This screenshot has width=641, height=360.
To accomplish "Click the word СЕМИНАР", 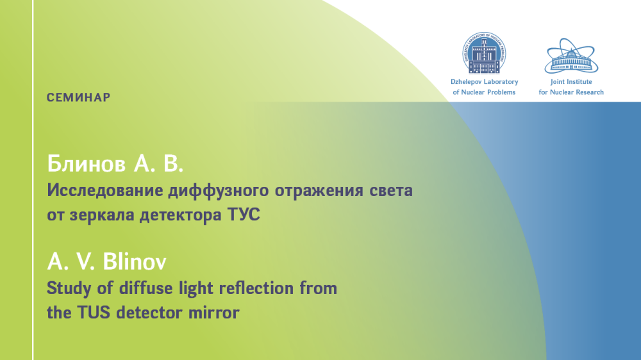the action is pos(78,97).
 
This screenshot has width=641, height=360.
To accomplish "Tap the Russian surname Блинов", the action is pos(87,164).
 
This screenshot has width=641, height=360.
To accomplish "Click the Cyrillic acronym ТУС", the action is pos(243,215).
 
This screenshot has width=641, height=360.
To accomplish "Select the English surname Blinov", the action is pos(135,261).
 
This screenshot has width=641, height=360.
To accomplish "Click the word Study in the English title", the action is pos(69,289).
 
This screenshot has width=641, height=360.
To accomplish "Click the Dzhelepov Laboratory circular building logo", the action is pos(484,53).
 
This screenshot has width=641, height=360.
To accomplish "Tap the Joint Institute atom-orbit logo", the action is pos(571,56).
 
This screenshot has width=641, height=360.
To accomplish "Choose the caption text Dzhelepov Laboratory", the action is pos(485,82).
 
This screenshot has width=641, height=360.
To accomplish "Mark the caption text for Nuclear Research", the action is pos(571,92).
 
